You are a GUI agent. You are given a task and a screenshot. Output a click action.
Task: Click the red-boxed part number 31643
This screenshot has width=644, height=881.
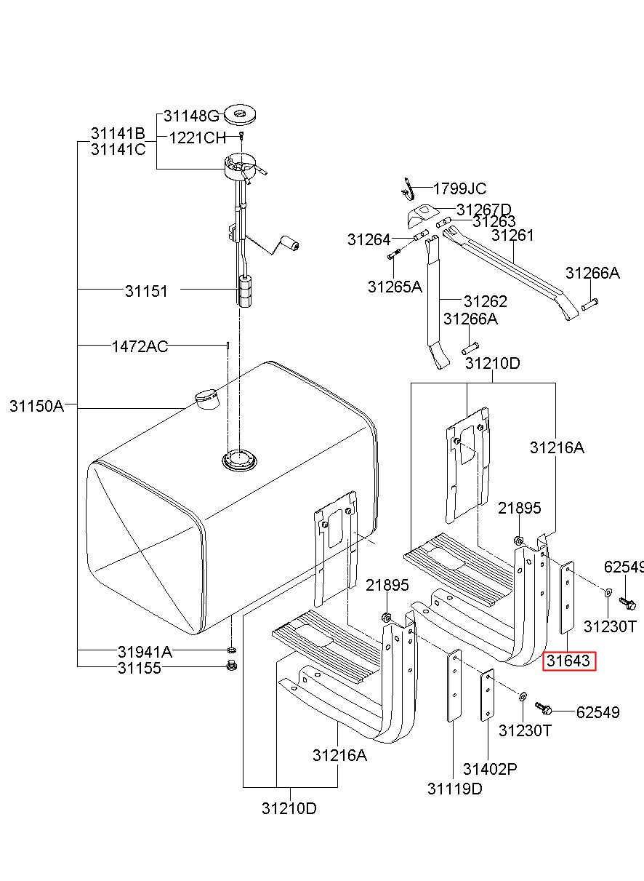click(x=568, y=661)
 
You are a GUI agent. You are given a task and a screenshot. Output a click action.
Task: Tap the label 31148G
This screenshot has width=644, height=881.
click(x=191, y=116)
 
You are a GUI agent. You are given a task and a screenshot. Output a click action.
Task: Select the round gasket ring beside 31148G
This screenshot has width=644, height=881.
click(x=240, y=114)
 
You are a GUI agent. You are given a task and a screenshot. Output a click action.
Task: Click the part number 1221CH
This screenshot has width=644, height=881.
click(x=198, y=138)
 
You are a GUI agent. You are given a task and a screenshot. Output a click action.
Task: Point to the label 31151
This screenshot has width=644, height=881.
click(x=146, y=292)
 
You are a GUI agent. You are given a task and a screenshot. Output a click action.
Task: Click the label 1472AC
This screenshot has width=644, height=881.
click(x=140, y=346)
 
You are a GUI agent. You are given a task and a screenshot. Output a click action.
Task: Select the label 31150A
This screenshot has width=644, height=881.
click(x=36, y=406)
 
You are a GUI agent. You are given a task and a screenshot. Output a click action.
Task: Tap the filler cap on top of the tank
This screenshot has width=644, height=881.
click(x=206, y=399)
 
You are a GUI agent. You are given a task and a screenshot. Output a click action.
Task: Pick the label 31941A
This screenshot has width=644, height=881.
click(x=145, y=652)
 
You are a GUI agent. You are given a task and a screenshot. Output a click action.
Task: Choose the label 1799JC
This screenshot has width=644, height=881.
click(x=459, y=189)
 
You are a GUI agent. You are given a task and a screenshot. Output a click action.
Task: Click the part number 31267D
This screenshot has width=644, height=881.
click(x=484, y=209)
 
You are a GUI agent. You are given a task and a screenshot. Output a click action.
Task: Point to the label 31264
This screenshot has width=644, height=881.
click(x=369, y=239)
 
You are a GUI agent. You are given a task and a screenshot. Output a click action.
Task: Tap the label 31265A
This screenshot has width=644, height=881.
click(x=395, y=287)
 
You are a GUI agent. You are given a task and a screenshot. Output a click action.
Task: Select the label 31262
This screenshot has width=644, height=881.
click(x=486, y=302)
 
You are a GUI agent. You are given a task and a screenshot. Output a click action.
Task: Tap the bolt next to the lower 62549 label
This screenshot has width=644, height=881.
click(x=544, y=709)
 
